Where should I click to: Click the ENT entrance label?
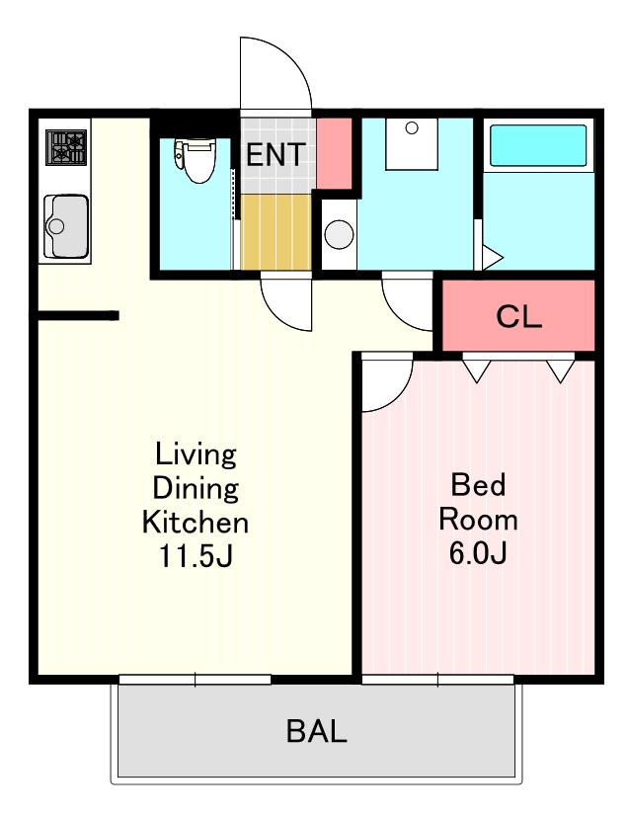(275, 154)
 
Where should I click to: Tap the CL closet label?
(519, 315)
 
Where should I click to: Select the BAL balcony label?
(317, 731)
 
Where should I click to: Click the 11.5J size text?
(196, 556)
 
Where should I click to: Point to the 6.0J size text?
(478, 552)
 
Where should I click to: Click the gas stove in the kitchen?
(66, 148)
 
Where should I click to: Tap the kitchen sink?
(66, 226)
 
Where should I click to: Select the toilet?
(195, 160)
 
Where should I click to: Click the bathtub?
(538, 145)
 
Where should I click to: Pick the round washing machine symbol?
(340, 234)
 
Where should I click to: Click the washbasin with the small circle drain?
(412, 144)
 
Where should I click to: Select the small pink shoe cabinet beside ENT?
(334, 153)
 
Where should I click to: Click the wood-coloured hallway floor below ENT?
(276, 232)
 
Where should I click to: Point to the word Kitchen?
(196, 522)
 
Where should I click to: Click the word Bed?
(478, 484)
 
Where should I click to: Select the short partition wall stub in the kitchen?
(78, 315)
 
